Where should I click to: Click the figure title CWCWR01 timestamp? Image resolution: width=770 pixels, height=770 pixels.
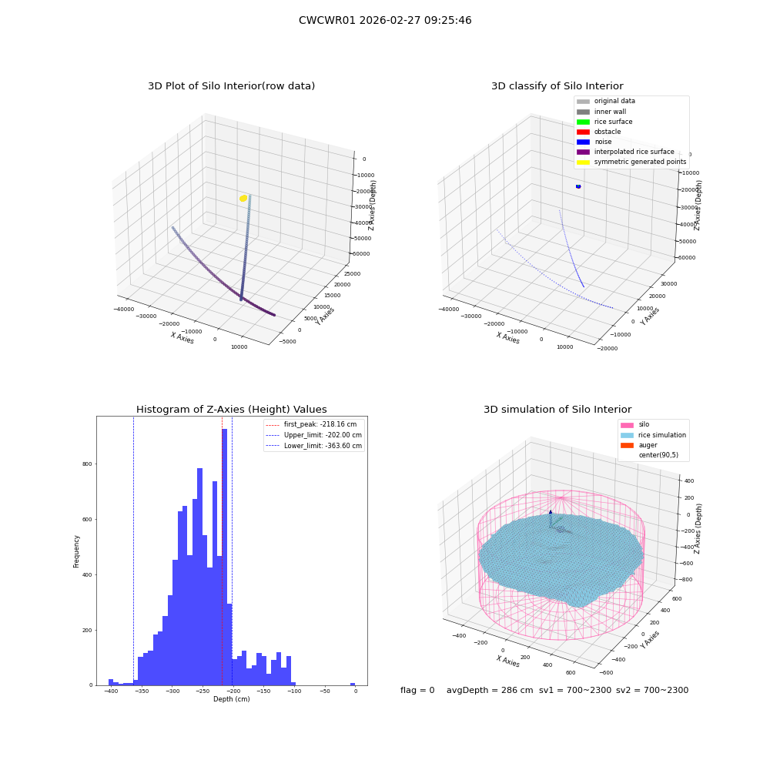[x=385, y=20]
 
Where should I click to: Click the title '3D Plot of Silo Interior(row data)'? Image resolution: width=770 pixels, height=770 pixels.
[x=231, y=86]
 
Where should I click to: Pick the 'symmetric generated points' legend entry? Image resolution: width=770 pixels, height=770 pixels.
[x=631, y=162]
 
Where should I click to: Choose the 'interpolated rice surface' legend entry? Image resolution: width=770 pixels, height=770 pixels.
[x=625, y=152]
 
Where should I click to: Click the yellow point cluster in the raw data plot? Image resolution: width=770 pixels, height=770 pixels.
[x=243, y=199]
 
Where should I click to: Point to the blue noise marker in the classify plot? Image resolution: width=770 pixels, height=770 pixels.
[x=578, y=186]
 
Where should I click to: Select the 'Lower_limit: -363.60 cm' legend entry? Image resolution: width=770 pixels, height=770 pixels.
[x=313, y=446]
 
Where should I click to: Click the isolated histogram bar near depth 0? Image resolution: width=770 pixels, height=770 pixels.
[x=353, y=684]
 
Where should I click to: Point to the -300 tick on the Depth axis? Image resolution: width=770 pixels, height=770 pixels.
[x=172, y=691]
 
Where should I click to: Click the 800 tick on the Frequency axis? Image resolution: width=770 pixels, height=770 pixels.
[x=87, y=464]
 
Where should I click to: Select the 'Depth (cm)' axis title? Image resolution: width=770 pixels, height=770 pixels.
[x=232, y=699]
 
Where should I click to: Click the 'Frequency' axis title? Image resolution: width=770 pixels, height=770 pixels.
[x=76, y=551]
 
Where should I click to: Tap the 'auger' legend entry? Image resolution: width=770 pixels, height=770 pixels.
[x=639, y=445]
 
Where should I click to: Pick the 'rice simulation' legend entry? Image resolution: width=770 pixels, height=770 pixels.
[x=653, y=435]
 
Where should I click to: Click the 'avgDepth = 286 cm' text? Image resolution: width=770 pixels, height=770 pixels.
[x=490, y=690]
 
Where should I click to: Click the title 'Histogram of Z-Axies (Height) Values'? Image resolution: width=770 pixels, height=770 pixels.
[x=231, y=410]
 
